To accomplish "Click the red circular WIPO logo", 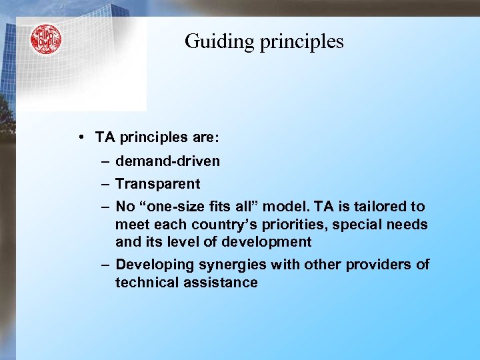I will [45, 39].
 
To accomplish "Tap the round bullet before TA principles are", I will [80, 137].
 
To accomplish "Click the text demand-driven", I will [167, 161].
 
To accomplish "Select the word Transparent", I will [157, 183].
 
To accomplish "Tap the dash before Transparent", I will [106, 183].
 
